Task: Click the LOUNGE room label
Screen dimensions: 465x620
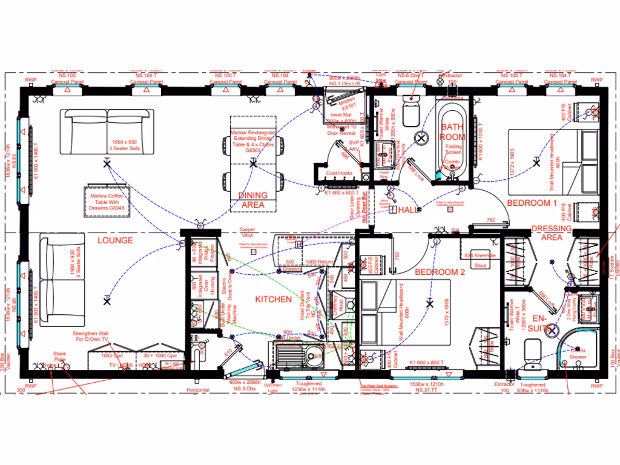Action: point(114,240)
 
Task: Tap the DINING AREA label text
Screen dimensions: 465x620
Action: point(252,200)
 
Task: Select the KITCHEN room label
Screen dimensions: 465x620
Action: point(273,299)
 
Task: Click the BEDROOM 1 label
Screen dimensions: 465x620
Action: point(531,202)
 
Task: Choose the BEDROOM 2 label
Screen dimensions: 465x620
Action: point(440,272)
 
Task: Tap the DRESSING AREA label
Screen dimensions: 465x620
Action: point(551,233)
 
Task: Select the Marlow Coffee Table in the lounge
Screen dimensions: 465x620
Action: point(107,200)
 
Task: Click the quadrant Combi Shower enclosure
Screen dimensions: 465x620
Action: point(575,352)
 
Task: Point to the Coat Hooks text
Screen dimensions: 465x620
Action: point(339,174)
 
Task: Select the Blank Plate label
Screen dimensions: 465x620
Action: point(59,357)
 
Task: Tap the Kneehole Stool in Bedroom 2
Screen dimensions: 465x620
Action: point(481,260)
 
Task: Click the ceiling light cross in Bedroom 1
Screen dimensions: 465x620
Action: point(535,162)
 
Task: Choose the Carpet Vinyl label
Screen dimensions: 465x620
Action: point(247,232)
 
